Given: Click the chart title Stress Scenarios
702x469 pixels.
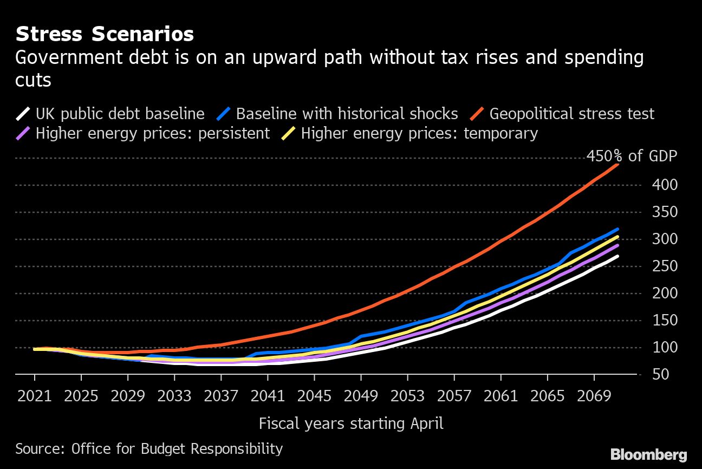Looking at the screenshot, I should (x=105, y=34).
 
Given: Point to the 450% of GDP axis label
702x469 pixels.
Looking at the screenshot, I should (x=632, y=157).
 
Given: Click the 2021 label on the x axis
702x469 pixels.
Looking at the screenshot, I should (x=35, y=396).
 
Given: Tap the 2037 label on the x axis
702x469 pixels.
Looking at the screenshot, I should (x=221, y=396).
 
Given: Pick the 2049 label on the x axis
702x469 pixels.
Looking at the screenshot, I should (x=361, y=396).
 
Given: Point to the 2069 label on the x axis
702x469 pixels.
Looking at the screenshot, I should (x=594, y=396).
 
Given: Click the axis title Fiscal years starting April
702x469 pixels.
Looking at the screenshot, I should (x=351, y=423).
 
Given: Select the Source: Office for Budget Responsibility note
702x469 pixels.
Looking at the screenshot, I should (x=149, y=449).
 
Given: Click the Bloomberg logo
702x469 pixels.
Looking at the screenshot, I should (x=648, y=454).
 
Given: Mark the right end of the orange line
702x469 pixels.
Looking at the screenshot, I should (x=617, y=164).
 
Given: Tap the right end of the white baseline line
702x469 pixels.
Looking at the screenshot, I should (x=617, y=256).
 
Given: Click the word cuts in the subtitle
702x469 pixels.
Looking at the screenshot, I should (x=33, y=80).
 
